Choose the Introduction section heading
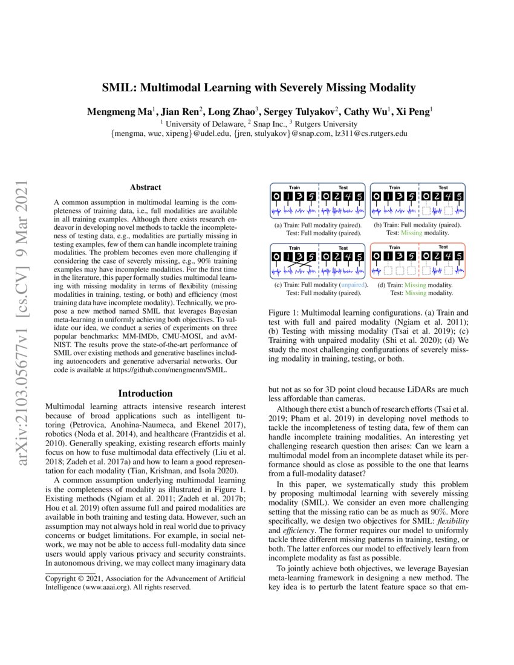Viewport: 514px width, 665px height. [145, 393]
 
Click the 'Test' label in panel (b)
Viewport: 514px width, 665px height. [443, 188]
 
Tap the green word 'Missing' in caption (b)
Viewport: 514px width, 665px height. [411, 233]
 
